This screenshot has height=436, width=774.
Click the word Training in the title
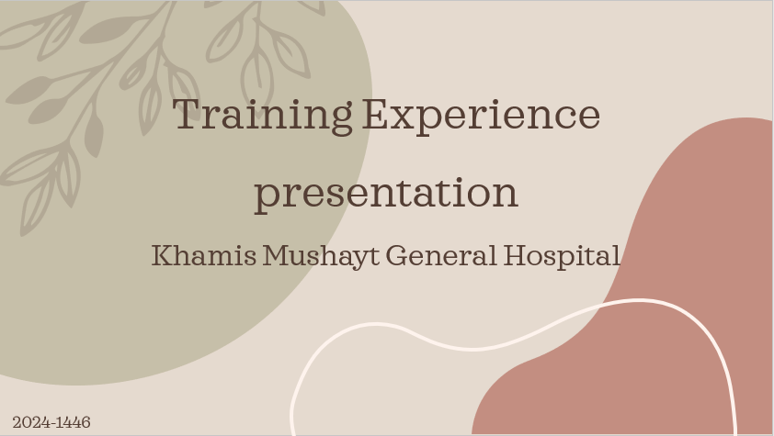[262, 117]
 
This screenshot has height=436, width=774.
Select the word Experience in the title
[482, 116]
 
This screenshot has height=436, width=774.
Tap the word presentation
[386, 195]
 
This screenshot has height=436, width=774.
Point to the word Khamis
[204, 256]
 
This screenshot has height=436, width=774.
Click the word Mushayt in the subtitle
[321, 257]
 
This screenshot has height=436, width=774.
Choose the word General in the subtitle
[441, 256]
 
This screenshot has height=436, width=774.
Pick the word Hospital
[562, 257]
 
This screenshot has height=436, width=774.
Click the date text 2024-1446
[51, 422]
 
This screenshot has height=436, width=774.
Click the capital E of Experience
[376, 114]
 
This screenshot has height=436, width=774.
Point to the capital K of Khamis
[163, 255]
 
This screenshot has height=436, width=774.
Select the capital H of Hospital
[516, 255]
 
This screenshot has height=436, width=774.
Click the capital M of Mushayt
[278, 255]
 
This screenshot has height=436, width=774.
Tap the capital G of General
[396, 255]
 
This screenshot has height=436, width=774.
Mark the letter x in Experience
[404, 118]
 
